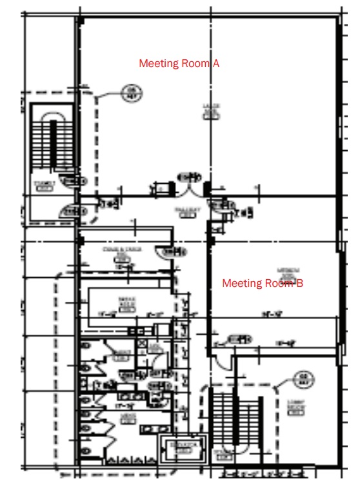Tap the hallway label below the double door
pos(186,212)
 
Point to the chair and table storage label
pos(121,252)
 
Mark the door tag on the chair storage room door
pos(171,252)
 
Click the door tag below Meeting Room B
pos(239,338)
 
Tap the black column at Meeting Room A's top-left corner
pos(80,22)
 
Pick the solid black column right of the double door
pos(207,190)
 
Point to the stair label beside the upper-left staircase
pos(45,186)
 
